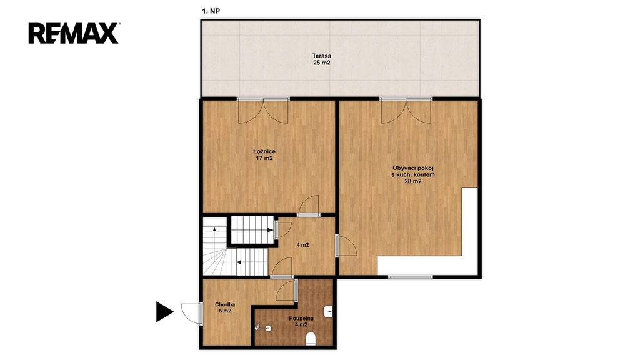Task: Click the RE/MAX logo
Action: coord(74,34)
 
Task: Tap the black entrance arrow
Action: coord(165,312)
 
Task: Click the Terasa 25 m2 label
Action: coord(322,59)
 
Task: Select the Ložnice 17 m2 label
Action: coord(264,155)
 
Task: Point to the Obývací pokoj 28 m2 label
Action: coord(412,175)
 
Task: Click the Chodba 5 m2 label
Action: coord(225,307)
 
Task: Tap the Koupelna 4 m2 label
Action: coord(301,322)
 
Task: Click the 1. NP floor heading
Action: coord(211,11)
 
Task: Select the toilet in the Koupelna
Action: coord(311,338)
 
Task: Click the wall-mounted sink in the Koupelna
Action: coord(329,312)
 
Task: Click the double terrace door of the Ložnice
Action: coord(263,111)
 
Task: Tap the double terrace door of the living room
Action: coord(406,111)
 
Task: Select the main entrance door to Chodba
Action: coord(192,314)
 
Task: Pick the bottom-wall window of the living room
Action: coord(410,277)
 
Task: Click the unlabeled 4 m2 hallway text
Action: coord(302,245)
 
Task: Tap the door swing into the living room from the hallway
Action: coord(346,246)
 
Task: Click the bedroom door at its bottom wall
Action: coord(308,205)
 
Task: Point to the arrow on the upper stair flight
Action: coord(270,230)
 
